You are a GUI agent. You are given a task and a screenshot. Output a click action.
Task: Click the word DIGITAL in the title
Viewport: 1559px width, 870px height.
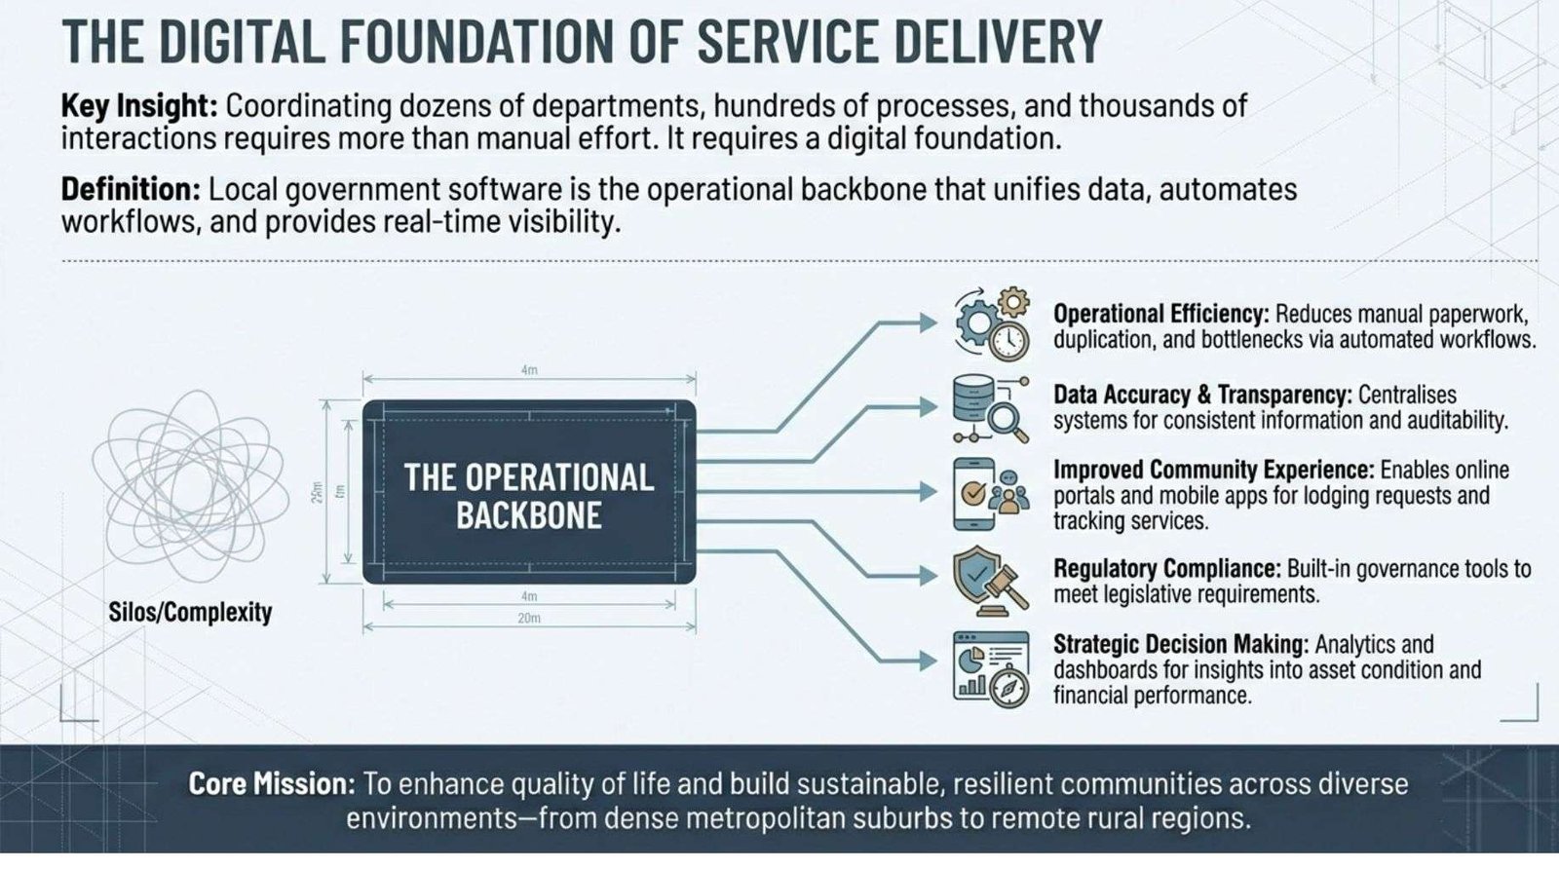point(243,42)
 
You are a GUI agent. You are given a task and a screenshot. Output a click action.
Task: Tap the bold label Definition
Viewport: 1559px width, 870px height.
point(131,189)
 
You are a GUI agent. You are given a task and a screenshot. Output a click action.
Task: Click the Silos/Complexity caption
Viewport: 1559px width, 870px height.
point(190,613)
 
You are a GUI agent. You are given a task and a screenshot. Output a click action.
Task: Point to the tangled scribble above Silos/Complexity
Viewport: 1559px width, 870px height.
point(190,485)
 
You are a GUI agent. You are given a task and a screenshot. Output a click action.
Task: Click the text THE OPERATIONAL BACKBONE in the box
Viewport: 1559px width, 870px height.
point(529,496)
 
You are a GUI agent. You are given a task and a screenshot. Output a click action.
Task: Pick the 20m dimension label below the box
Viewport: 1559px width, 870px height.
point(529,618)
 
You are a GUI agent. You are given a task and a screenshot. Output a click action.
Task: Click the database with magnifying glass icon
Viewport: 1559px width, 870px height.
point(991,408)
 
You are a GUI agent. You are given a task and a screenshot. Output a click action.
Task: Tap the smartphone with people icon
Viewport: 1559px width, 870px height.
point(991,494)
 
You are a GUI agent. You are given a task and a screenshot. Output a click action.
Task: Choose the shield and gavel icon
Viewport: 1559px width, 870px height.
point(991,581)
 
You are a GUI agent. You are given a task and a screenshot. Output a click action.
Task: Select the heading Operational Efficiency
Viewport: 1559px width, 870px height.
point(1160,314)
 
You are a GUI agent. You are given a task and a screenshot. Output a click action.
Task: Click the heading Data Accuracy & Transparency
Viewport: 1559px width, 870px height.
point(1202,395)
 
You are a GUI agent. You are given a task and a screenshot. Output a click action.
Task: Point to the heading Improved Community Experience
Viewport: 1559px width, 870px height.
point(1213,470)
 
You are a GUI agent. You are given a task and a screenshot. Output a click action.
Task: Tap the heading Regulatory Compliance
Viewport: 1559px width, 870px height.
point(1166,569)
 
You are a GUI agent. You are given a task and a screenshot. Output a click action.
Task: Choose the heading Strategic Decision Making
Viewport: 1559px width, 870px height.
point(1180,644)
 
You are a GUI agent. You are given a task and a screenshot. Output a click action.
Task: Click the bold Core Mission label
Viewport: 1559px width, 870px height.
point(272,783)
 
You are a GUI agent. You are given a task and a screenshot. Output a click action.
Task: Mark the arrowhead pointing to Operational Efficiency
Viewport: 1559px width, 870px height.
point(929,322)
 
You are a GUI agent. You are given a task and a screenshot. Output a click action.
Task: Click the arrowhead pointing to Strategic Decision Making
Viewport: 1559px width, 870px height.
point(929,661)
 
